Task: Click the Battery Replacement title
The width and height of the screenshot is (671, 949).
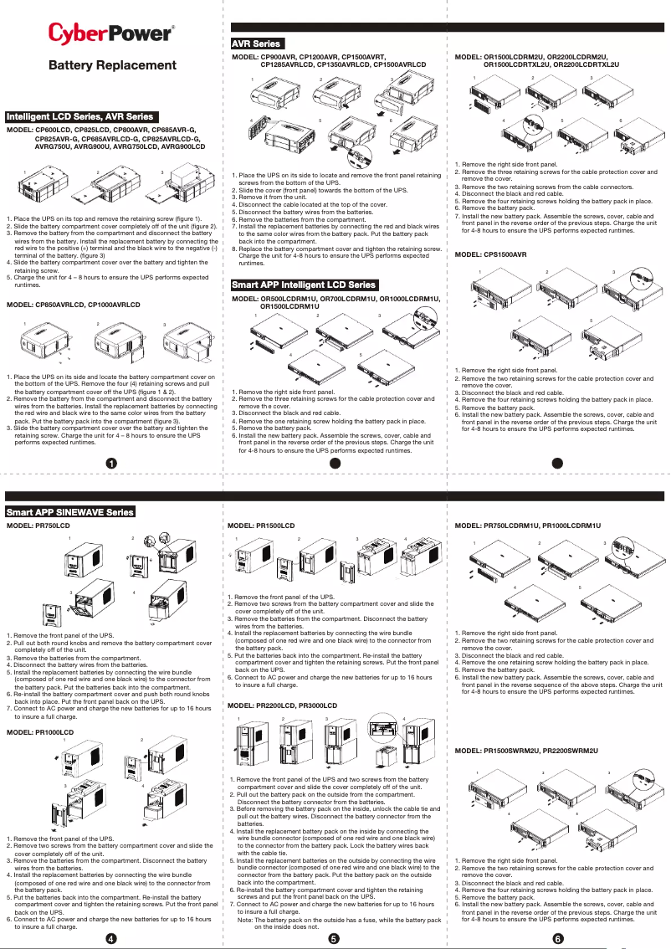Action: click(x=112, y=65)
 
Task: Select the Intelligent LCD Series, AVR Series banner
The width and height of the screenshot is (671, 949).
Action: click(x=80, y=116)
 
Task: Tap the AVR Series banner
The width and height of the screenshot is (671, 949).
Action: click(x=256, y=44)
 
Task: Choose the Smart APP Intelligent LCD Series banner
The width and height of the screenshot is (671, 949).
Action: click(x=305, y=285)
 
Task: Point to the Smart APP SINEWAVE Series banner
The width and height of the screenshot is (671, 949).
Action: click(x=70, y=511)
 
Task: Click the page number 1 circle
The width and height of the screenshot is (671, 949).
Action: click(x=111, y=464)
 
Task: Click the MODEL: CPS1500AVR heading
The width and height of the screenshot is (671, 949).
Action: click(x=490, y=254)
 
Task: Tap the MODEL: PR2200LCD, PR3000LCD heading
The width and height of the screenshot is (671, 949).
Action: click(x=283, y=706)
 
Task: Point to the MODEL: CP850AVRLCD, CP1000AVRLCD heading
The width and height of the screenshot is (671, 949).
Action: click(x=74, y=305)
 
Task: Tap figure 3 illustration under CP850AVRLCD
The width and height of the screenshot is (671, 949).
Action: click(x=186, y=344)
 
